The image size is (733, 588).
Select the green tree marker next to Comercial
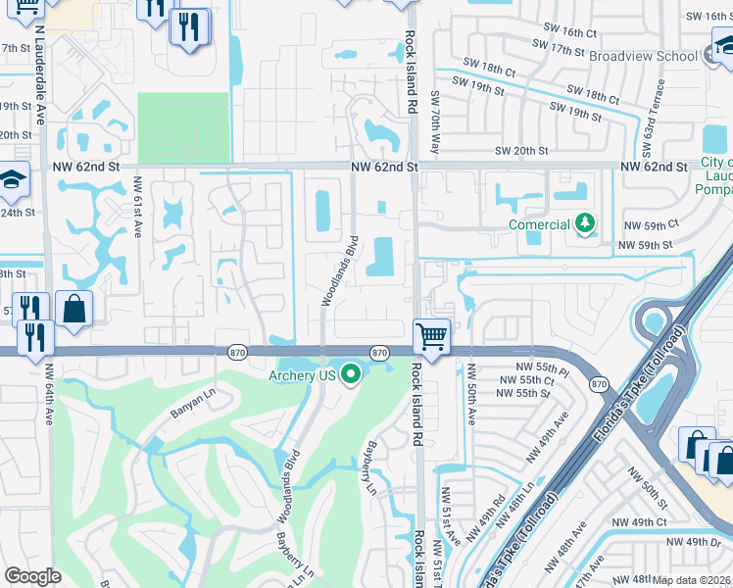pyautogui.click(x=585, y=224)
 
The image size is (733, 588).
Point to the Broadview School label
pyautogui.click(x=643, y=56)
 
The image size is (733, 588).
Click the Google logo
pyautogui.click(x=33, y=576)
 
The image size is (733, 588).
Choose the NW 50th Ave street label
pyautogui.click(x=471, y=396)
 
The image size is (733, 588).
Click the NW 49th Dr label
pyautogui.click(x=692, y=542)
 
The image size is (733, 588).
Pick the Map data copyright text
pyautogui.click(x=692, y=579)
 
